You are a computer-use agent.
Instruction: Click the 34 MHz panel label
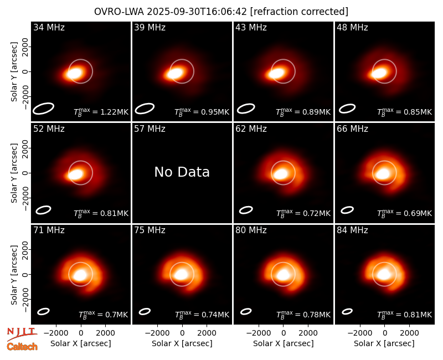49,27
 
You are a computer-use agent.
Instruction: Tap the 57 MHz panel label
150,129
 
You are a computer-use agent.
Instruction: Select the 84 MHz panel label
352,230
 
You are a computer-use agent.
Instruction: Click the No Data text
182,172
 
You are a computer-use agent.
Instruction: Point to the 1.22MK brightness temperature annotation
101,112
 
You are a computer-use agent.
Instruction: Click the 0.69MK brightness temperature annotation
405,213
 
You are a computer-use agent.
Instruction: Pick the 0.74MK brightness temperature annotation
202,315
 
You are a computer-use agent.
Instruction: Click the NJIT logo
22,334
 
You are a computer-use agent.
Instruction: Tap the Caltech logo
22,347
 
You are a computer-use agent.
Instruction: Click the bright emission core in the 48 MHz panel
380,73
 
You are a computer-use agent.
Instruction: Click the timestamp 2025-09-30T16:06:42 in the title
197,12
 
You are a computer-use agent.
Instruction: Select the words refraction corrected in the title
299,12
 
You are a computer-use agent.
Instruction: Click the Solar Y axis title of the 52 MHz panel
14,173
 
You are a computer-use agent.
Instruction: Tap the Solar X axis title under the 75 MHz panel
182,343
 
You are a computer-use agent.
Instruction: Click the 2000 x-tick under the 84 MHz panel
409,333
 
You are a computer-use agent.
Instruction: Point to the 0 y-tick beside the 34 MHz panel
25,71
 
